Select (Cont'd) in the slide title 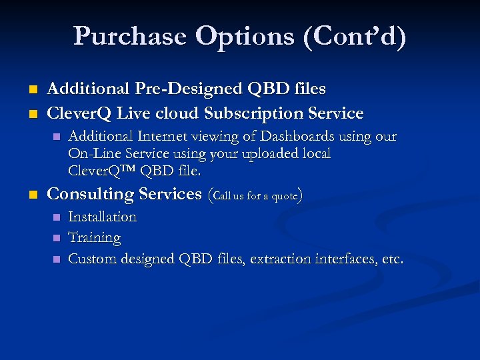pos(354,37)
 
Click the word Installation pos(103,217)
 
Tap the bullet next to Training pos(56,238)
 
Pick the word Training pos(95,237)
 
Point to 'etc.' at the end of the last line pos(393,259)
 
